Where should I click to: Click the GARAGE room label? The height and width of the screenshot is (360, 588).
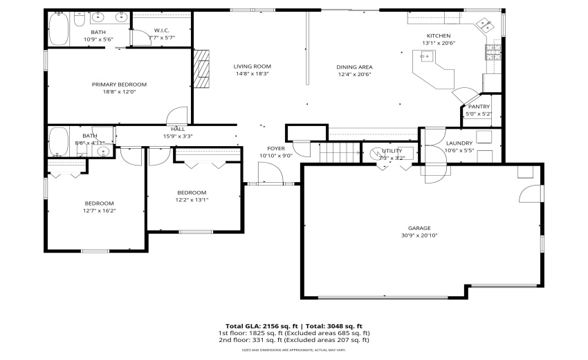pyautogui.click(x=419, y=228)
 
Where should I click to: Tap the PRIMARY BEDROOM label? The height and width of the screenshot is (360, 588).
pyautogui.click(x=119, y=84)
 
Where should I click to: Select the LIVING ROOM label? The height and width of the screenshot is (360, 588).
pyautogui.click(x=252, y=66)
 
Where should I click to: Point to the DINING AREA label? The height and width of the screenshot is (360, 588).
pyautogui.click(x=354, y=67)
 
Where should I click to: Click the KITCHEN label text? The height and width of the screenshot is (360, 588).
pyautogui.click(x=439, y=36)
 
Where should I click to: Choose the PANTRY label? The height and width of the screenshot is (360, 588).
pyautogui.click(x=479, y=107)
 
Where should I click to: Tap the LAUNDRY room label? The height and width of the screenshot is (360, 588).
pyautogui.click(x=459, y=143)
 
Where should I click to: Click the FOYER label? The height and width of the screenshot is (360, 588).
pyautogui.click(x=276, y=149)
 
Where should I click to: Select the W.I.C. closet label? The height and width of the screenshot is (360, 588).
pyautogui.click(x=162, y=30)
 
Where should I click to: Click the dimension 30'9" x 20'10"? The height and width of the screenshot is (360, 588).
pyautogui.click(x=419, y=235)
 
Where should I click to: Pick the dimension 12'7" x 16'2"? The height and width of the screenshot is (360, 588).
pyautogui.click(x=100, y=210)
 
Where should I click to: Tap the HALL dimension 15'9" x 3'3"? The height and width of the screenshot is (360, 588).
pyautogui.click(x=178, y=136)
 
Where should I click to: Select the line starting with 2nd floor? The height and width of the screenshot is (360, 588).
pyautogui.click(x=294, y=340)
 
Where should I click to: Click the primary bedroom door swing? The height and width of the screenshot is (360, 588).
pyautogui.click(x=177, y=116)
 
